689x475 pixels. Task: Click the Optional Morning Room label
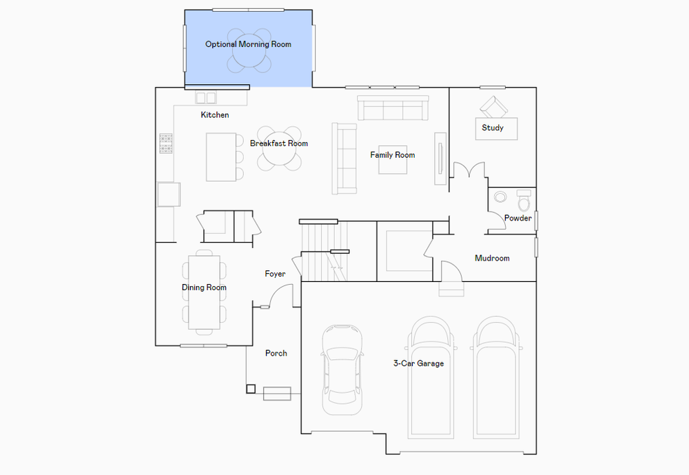[x=248, y=44]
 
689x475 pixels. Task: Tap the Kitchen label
[x=215, y=115]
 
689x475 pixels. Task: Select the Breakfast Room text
[x=279, y=143]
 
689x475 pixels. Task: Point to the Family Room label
[x=393, y=155]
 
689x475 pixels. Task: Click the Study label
[x=493, y=128]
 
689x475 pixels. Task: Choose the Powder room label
[x=518, y=218]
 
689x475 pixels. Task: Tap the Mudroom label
[x=492, y=258]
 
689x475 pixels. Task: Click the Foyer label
[x=275, y=274]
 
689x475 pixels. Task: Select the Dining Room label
[x=205, y=287]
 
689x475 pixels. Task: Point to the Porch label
[x=276, y=353]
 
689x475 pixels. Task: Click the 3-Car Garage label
[x=418, y=363]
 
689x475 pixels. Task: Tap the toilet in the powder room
[x=524, y=201]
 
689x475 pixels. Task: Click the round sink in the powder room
[x=500, y=196]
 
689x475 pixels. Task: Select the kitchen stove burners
[x=165, y=144]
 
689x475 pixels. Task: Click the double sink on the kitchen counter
[x=205, y=98]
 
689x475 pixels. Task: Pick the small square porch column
[x=251, y=389]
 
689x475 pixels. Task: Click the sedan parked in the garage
[x=342, y=370]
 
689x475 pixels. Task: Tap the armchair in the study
[x=493, y=107]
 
